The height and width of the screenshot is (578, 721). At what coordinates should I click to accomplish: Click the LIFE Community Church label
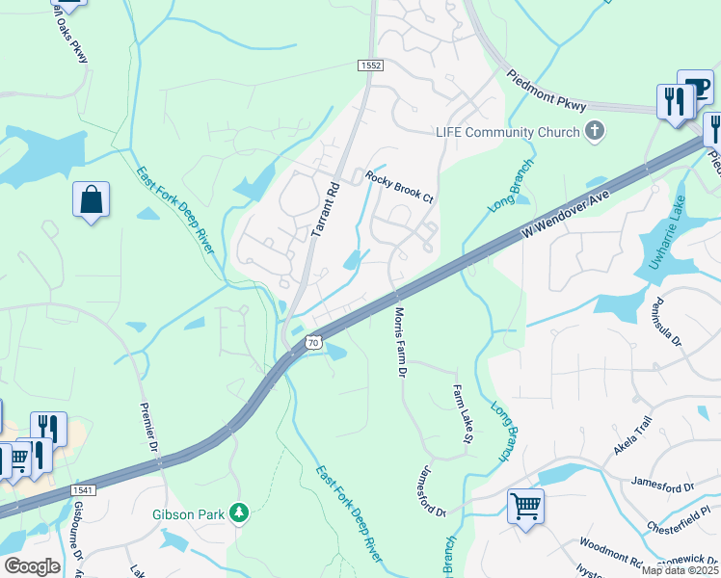click(x=507, y=132)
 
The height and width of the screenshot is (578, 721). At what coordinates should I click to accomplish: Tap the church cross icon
click(x=595, y=132)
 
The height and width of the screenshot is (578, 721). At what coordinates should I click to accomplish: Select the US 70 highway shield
click(x=313, y=342)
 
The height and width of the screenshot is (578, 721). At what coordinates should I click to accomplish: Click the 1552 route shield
click(x=371, y=66)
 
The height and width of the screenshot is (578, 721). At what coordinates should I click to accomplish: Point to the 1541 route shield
click(x=84, y=490)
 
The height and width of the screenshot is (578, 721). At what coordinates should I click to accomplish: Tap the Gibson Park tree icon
click(x=240, y=513)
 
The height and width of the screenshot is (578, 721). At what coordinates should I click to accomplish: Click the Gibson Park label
click(x=190, y=514)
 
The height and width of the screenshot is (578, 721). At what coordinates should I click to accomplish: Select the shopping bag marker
click(x=91, y=200)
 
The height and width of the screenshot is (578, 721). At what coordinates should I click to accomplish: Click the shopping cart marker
click(x=525, y=505)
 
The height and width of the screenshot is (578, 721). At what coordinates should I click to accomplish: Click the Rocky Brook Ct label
click(x=400, y=187)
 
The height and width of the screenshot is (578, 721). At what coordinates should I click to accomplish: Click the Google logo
click(x=32, y=566)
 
